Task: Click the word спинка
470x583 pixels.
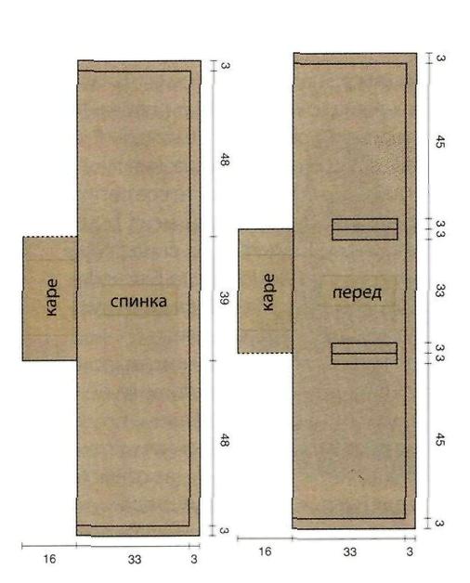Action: point(138,302)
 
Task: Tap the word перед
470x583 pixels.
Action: point(357,293)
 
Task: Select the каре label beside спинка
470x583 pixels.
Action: point(52,298)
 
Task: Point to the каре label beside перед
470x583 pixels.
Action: point(268,292)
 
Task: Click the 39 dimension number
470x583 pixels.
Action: point(224,298)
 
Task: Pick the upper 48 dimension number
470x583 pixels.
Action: point(225,159)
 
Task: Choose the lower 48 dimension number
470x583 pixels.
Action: point(225,440)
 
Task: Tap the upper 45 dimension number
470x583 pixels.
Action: point(439,142)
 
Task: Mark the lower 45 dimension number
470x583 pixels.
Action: point(439,439)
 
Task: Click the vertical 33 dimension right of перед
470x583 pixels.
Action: point(440,291)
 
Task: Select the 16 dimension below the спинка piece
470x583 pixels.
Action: point(49,559)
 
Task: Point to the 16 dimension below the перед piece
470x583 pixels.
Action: point(265,551)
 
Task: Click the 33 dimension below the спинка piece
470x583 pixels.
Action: point(135,559)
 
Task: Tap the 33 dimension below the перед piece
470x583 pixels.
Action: point(349,552)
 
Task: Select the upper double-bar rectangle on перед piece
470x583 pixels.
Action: point(365,229)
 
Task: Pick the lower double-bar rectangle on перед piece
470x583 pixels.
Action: point(364,353)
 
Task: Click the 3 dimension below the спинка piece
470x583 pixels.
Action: point(194,559)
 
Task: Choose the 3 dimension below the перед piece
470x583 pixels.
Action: point(410,551)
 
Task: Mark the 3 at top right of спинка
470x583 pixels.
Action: point(225,65)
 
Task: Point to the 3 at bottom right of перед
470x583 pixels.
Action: point(439,524)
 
